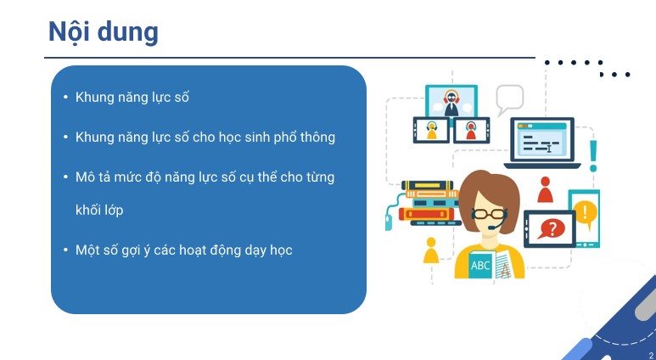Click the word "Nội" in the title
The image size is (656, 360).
[70, 31]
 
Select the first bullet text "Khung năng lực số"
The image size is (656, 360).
[132, 97]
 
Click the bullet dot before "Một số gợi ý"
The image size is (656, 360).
[65, 250]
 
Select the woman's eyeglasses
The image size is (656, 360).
[489, 214]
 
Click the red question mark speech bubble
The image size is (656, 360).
[552, 228]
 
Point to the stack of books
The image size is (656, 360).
[429, 203]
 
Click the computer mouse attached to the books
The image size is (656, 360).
[389, 222]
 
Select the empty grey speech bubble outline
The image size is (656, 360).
[509, 98]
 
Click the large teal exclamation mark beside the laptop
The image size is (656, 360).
[592, 155]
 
